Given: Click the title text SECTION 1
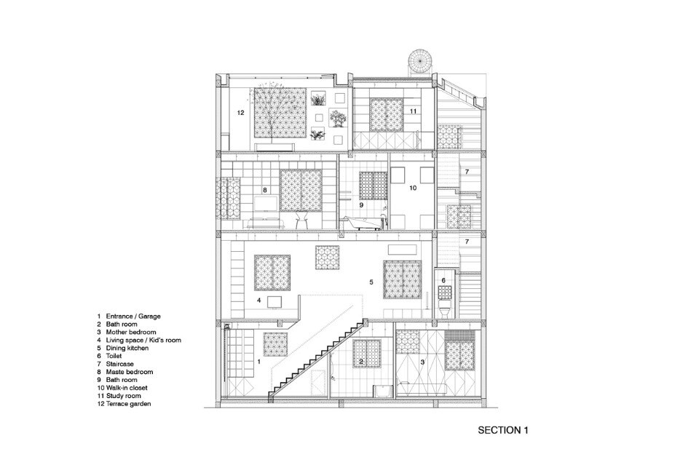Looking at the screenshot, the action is click(503, 430).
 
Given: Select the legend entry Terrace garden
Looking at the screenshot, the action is click(128, 404).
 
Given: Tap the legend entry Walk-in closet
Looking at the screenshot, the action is click(127, 388).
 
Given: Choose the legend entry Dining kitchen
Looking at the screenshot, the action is click(127, 348).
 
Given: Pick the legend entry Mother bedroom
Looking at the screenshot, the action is click(130, 332).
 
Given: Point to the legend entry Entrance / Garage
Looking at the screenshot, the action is click(133, 317).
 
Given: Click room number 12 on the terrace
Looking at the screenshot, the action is click(241, 113).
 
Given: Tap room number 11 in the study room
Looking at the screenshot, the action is click(413, 111).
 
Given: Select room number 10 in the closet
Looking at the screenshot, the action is click(413, 188).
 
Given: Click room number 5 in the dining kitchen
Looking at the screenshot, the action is click(371, 282).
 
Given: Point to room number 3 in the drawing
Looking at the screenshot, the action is click(422, 362).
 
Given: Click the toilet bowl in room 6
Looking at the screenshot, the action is click(444, 309).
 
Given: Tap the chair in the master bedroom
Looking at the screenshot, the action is click(301, 220).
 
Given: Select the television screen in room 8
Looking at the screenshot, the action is click(265, 204).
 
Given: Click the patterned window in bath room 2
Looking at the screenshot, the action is click(367, 354).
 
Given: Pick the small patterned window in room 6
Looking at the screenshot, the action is click(444, 293).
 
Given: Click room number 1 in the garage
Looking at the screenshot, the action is click(259, 362).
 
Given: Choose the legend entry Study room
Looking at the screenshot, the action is click(123, 396).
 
